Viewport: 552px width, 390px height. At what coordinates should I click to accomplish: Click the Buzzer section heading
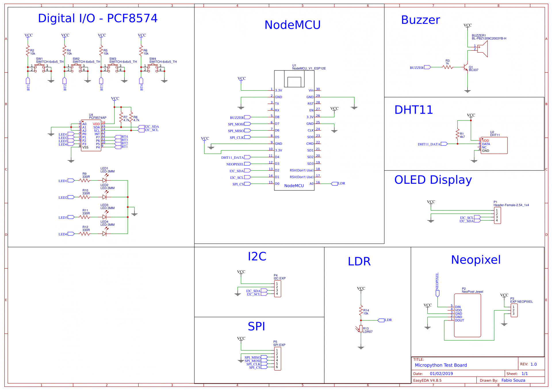tap(420, 20)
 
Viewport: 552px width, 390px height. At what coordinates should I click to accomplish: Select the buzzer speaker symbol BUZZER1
tap(482, 49)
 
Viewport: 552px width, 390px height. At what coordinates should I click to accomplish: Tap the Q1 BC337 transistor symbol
tap(466, 68)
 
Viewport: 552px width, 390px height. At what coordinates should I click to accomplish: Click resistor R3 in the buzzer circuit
tap(448, 67)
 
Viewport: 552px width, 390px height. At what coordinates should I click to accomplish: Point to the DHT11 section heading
tap(413, 110)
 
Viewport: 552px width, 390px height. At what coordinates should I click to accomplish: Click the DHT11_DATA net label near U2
tap(429, 144)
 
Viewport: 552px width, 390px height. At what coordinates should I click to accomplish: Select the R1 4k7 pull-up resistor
tap(457, 134)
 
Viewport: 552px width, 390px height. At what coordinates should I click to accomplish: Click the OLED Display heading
tap(433, 180)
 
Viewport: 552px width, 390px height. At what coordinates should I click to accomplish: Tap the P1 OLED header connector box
tap(497, 215)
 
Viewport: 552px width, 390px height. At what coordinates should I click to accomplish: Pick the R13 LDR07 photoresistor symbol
tap(361, 329)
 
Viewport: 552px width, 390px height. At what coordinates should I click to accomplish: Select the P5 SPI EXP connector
tap(277, 359)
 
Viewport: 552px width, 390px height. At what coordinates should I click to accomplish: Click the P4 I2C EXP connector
tap(277, 289)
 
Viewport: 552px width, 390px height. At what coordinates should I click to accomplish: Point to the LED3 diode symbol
tap(105, 217)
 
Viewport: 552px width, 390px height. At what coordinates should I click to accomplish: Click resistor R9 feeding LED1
tap(85, 181)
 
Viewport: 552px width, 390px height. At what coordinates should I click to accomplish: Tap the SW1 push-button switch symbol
tap(39, 68)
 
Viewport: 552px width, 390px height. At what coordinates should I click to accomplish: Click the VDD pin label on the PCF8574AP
tap(96, 124)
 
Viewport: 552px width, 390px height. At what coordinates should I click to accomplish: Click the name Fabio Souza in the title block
tap(513, 380)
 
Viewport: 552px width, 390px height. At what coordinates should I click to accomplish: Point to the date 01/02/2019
tap(441, 374)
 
